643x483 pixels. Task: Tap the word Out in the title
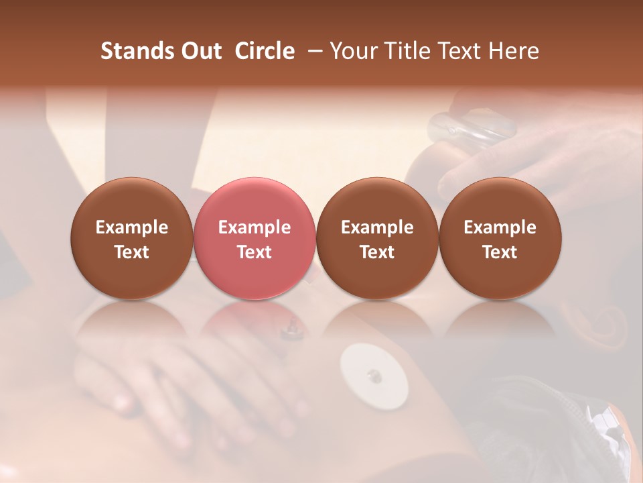pyautogui.click(x=200, y=51)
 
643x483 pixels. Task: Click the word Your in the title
pyautogui.click(x=352, y=51)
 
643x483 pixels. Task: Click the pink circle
pyautogui.click(x=255, y=239)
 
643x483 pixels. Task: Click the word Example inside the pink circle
pyautogui.click(x=255, y=227)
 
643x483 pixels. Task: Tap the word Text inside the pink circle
pyautogui.click(x=255, y=252)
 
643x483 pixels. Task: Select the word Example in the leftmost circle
pyautogui.click(x=132, y=227)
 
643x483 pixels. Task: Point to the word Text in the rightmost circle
pyautogui.click(x=500, y=252)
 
